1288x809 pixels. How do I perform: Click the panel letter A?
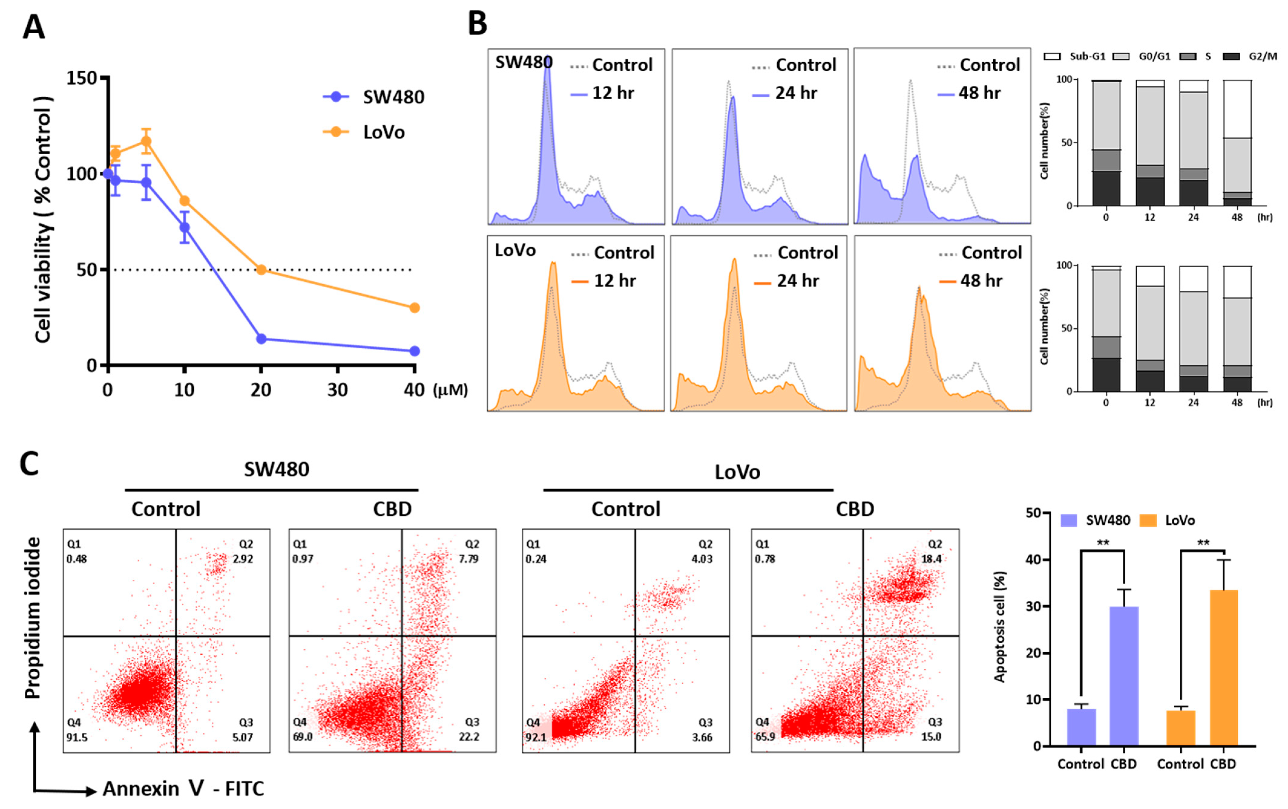(33, 27)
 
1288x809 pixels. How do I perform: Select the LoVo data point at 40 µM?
(414, 308)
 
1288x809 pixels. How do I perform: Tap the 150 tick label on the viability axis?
(81, 79)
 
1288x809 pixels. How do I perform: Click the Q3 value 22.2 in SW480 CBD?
(469, 737)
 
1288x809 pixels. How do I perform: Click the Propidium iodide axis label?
(33, 618)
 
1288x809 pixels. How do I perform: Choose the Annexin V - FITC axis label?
(183, 789)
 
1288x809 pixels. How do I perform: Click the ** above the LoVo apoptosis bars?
(1203, 543)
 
